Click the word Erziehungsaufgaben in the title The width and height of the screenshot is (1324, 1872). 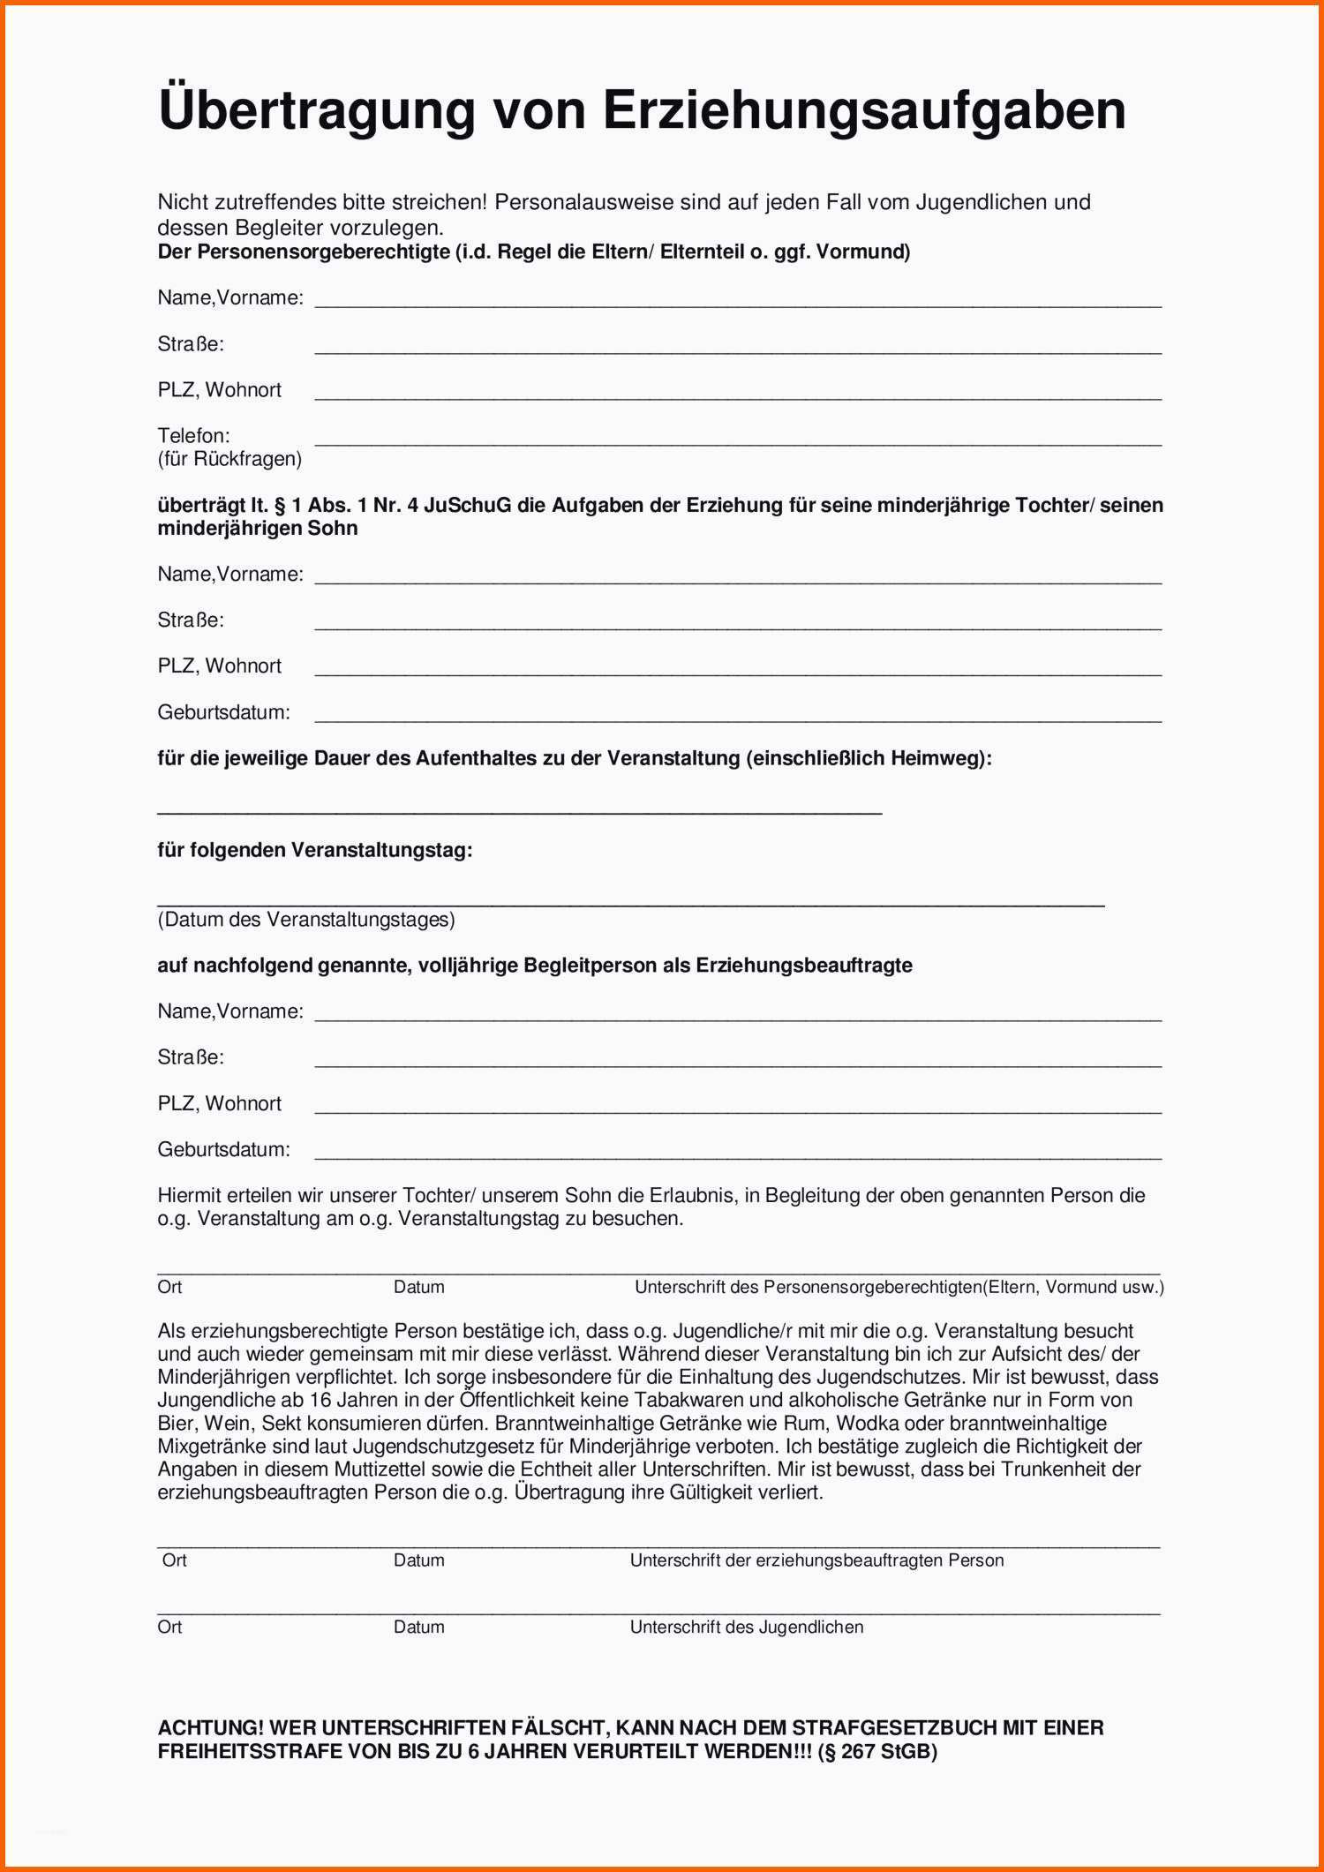point(864,111)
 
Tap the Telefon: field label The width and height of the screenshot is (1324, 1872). point(193,435)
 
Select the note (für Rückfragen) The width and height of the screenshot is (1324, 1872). point(229,459)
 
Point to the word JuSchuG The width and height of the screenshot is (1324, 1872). point(467,506)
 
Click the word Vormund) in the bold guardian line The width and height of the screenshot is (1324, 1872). point(862,252)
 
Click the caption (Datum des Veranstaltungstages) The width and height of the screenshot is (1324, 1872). point(306,920)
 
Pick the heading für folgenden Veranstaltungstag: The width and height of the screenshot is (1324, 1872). point(314,850)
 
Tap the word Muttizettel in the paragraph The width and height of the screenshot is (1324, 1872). point(380,1470)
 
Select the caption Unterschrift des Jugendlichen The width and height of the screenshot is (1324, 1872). point(746,1627)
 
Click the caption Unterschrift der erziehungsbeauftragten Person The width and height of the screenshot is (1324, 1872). point(816,1560)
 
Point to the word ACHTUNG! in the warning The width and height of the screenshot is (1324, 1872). point(210,1728)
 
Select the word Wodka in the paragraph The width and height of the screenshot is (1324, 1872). point(861,1424)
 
